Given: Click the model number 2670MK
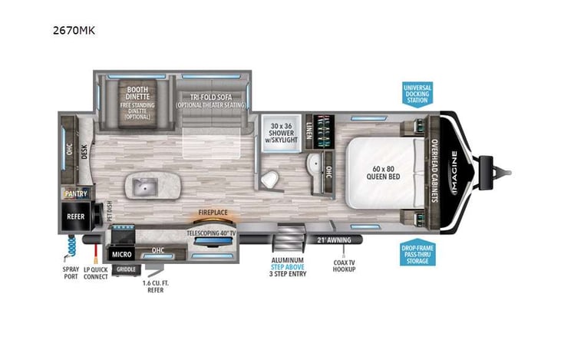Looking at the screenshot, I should [74, 31].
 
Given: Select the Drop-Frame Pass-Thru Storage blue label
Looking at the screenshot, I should [417, 254].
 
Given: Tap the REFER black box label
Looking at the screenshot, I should [75, 216].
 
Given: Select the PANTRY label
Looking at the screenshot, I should [76, 194].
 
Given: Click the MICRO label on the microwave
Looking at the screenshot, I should [120, 253].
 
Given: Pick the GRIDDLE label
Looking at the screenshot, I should [124, 269].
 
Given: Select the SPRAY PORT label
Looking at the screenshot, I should [71, 274].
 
